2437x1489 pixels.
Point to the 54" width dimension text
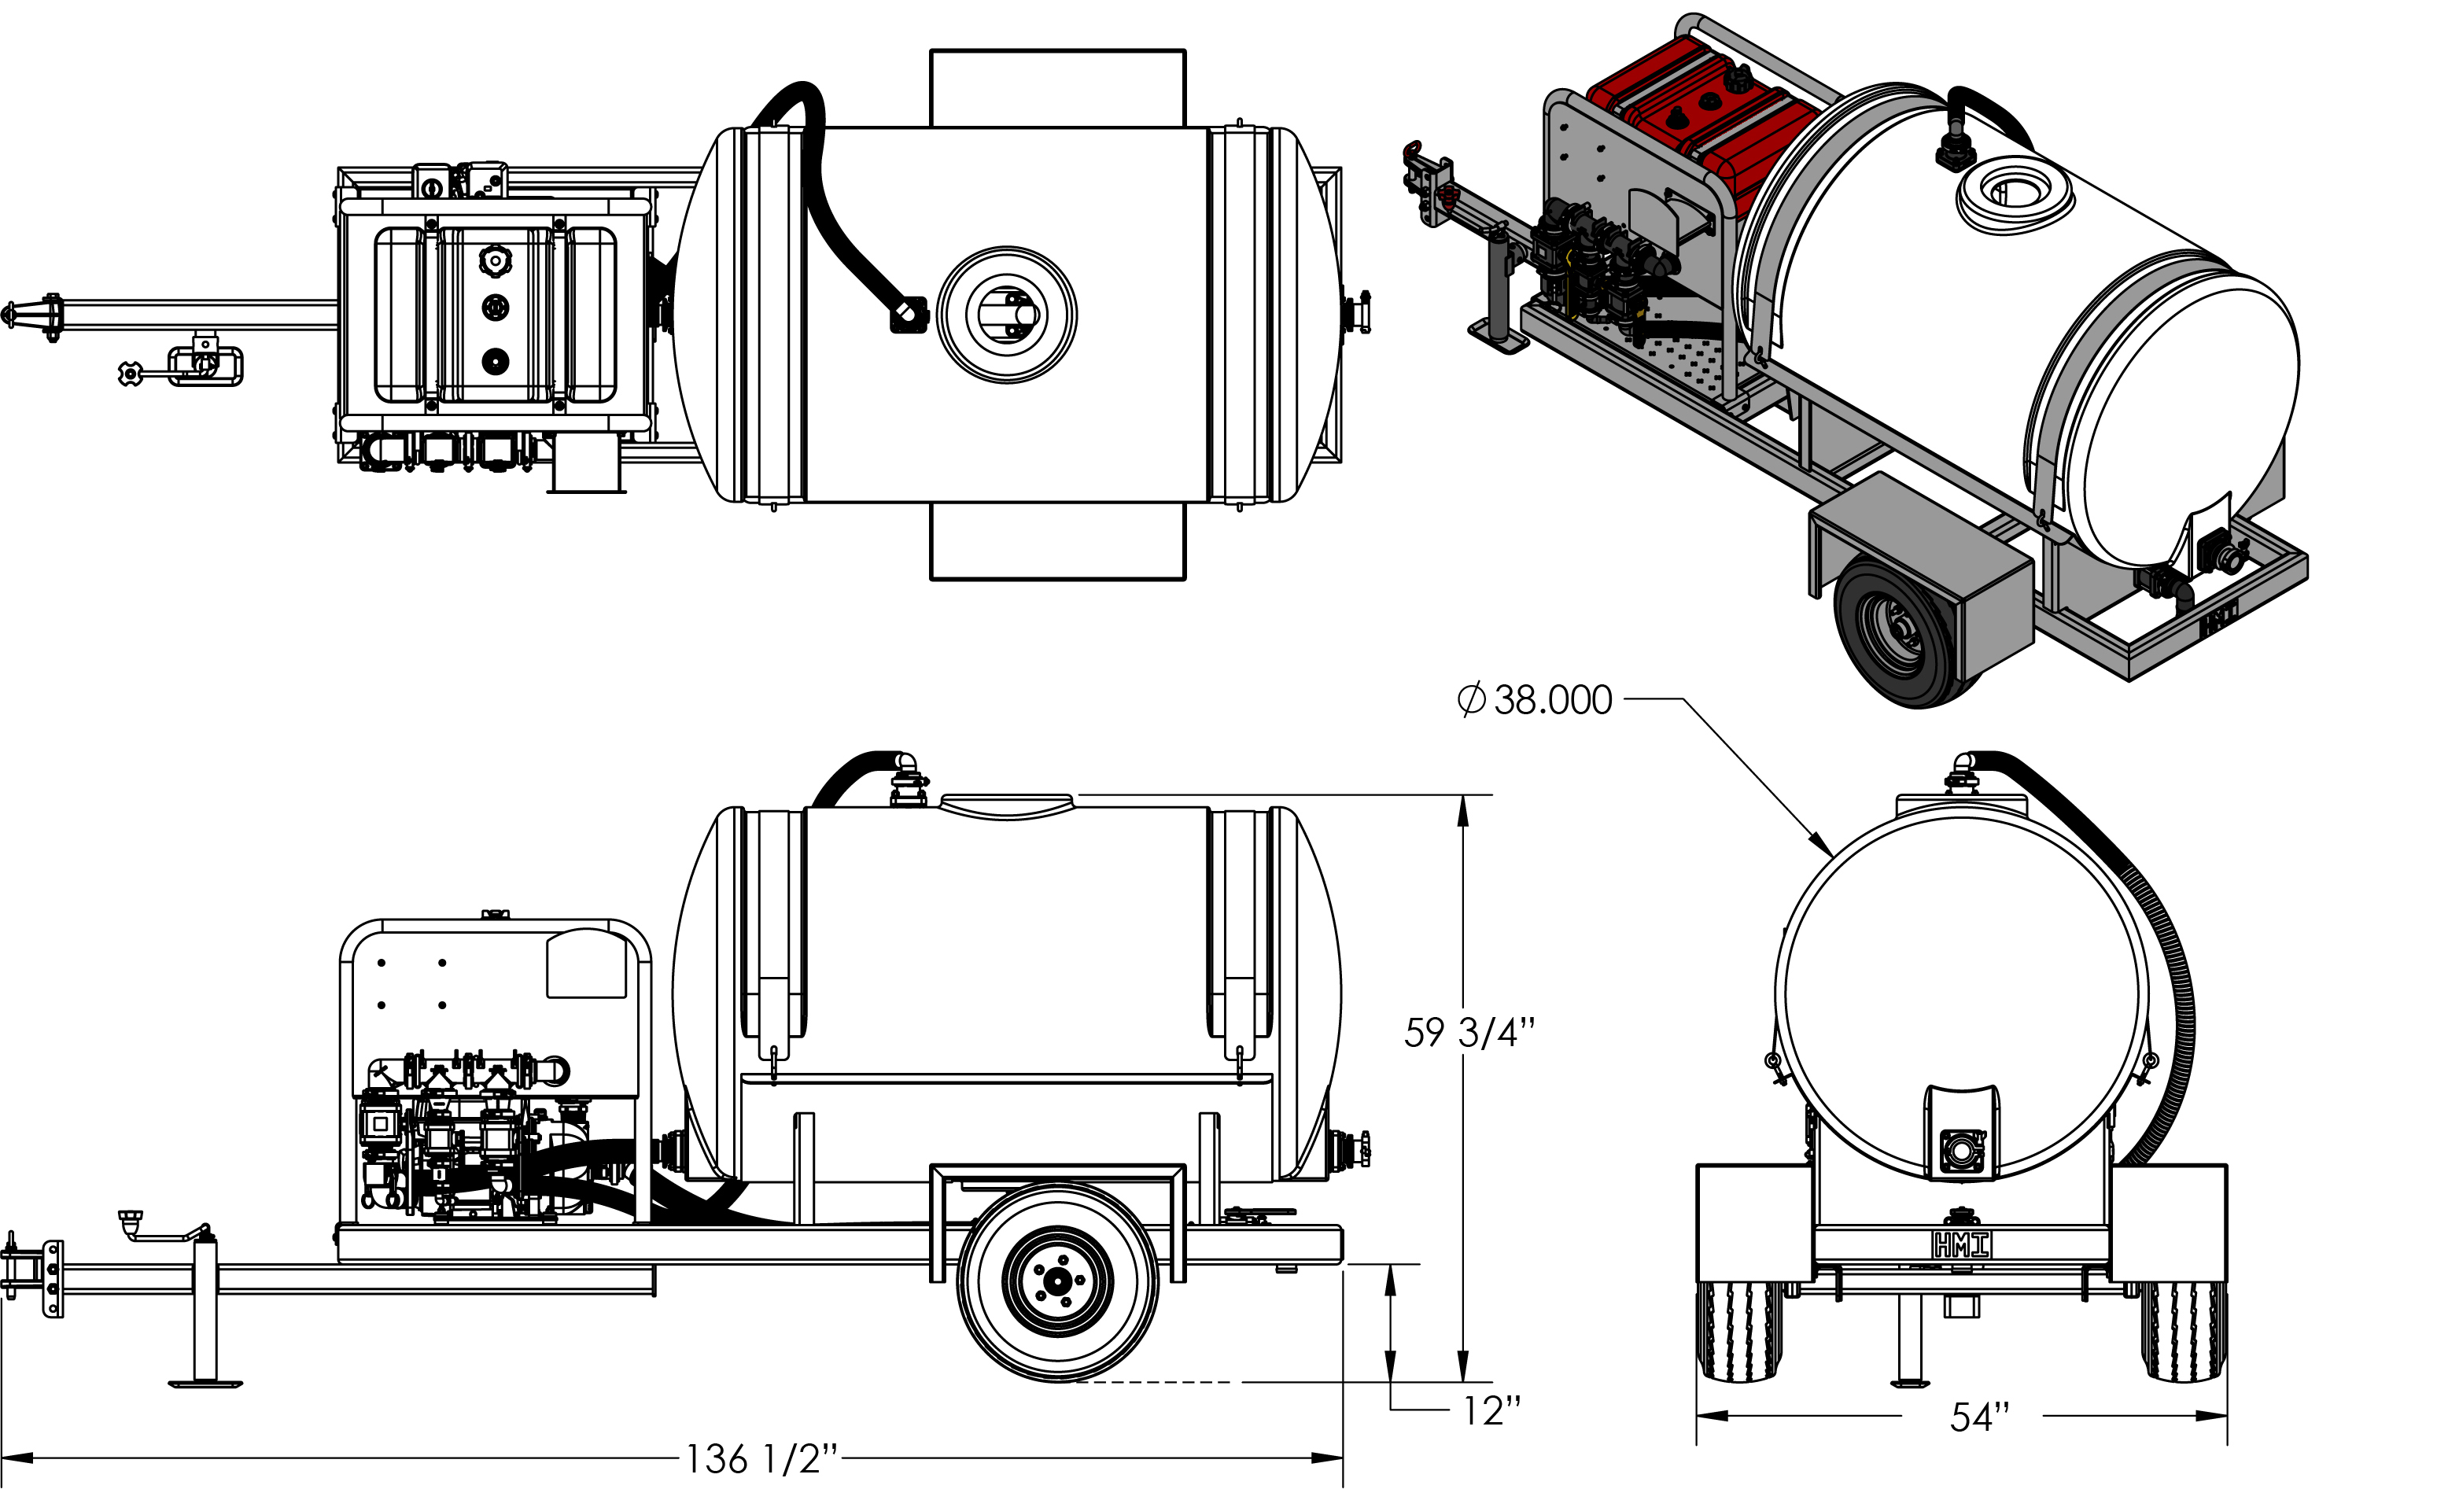(x=1980, y=1417)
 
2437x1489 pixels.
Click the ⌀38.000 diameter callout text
(x=1535, y=700)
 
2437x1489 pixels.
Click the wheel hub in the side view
(x=1057, y=1282)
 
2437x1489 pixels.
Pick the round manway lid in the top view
(x=1007, y=315)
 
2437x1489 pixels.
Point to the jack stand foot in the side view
(x=205, y=1384)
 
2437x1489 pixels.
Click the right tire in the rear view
(x=2184, y=1332)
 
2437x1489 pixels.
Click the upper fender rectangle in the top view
(x=1057, y=88)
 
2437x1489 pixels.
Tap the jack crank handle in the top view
(x=128, y=374)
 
